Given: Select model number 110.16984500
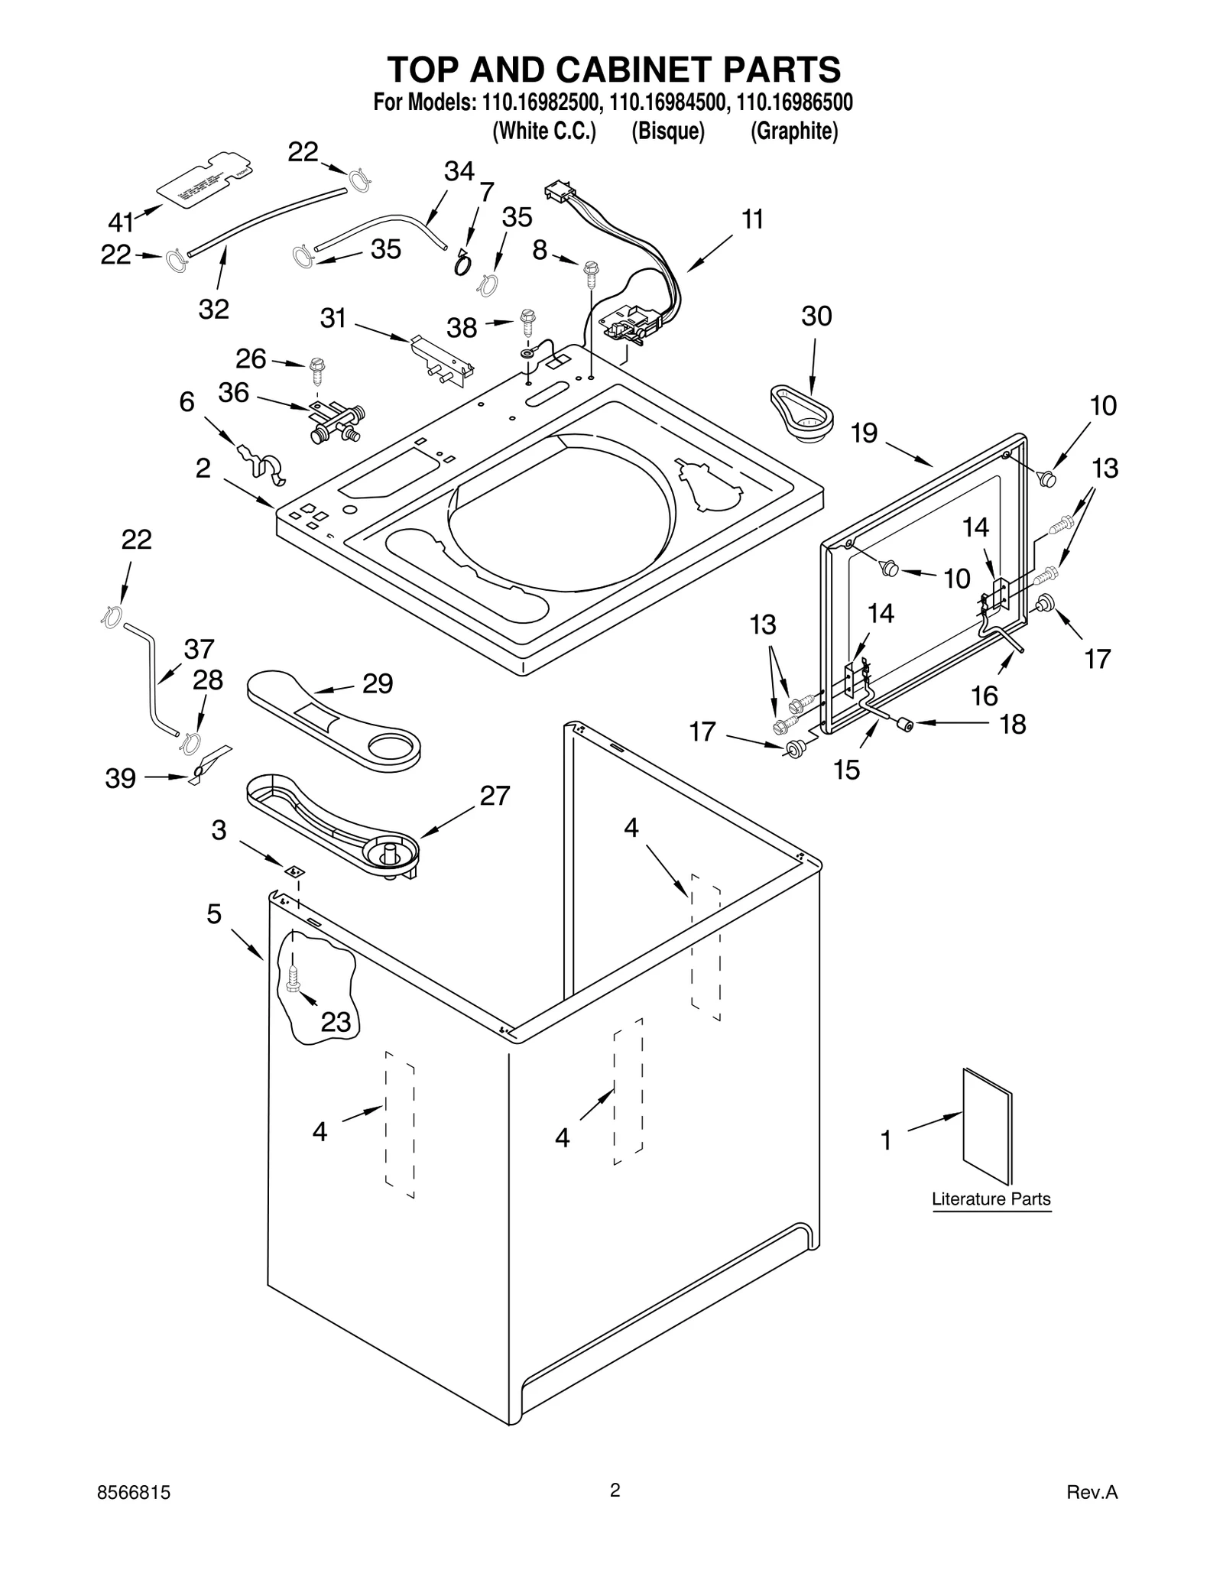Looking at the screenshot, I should (x=667, y=102).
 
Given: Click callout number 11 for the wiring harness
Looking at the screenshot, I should (x=753, y=219).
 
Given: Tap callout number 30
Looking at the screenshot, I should (x=816, y=316).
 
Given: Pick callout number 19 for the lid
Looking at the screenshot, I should (x=864, y=433).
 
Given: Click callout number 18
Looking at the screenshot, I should (x=1013, y=724).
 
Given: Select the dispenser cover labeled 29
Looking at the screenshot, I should (x=334, y=719).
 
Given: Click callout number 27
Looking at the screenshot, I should (x=495, y=796).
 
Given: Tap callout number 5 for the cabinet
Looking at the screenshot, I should (x=214, y=913).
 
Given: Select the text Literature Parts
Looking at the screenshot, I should (x=991, y=1199).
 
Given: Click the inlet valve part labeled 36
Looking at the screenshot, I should (x=336, y=423).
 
